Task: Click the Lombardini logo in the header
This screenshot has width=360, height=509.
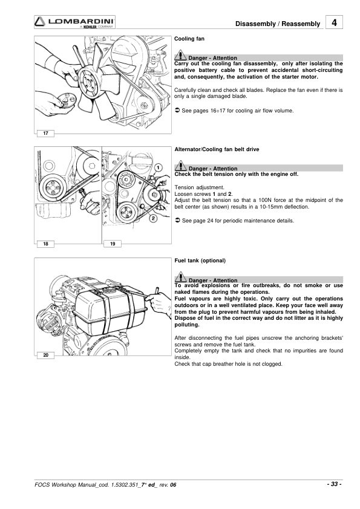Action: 75,22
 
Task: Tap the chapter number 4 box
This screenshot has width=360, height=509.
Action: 334,22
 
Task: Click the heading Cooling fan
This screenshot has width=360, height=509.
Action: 189,39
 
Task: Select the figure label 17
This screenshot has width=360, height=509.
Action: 45,133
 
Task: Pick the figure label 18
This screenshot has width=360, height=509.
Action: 45,244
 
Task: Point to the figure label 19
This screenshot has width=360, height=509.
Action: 113,244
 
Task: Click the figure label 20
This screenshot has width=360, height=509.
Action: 45,355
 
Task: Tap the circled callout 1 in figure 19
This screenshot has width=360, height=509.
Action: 158,168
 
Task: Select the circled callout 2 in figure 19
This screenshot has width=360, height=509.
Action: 153,218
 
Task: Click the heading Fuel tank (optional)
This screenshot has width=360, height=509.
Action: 200,261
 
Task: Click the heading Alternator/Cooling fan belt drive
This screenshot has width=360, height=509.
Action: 217,149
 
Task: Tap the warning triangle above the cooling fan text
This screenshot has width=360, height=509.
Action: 180,56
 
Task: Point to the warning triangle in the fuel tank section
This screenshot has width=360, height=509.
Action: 181,278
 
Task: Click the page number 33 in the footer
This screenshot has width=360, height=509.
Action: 334,484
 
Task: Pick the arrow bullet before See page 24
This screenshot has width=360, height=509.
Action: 177,221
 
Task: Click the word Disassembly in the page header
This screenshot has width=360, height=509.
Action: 255,24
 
